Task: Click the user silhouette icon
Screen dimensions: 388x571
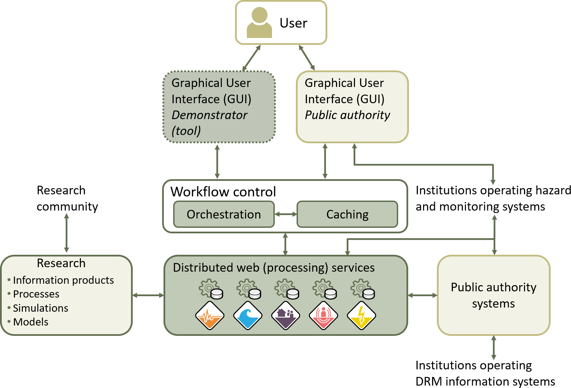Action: [x=259, y=23]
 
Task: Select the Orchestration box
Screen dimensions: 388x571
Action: [x=224, y=214]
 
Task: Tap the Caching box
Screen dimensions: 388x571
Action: [x=347, y=214]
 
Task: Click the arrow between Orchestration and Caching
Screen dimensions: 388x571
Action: [x=285, y=214]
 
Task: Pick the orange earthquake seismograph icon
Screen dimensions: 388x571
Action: [x=209, y=316]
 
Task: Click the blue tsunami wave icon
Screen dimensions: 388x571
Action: [x=247, y=316]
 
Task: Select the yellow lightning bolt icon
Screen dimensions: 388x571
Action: [x=361, y=316]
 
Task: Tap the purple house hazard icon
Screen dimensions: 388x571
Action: [x=285, y=316]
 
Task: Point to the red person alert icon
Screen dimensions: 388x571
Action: [x=324, y=316]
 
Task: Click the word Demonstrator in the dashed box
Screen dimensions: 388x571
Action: [x=209, y=115]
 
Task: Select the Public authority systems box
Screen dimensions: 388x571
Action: [x=493, y=295]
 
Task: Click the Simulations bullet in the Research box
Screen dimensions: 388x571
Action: [x=40, y=308]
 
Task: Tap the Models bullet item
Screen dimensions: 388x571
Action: [x=30, y=322]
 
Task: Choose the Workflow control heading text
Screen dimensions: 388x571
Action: [x=223, y=192]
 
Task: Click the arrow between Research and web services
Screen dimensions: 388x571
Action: [x=148, y=295]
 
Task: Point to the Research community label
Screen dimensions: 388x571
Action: [x=67, y=198]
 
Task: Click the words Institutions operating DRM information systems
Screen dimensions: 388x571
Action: [x=485, y=373]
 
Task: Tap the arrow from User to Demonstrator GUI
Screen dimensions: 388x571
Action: [x=251, y=58]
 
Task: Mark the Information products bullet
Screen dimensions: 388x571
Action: [x=63, y=280]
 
